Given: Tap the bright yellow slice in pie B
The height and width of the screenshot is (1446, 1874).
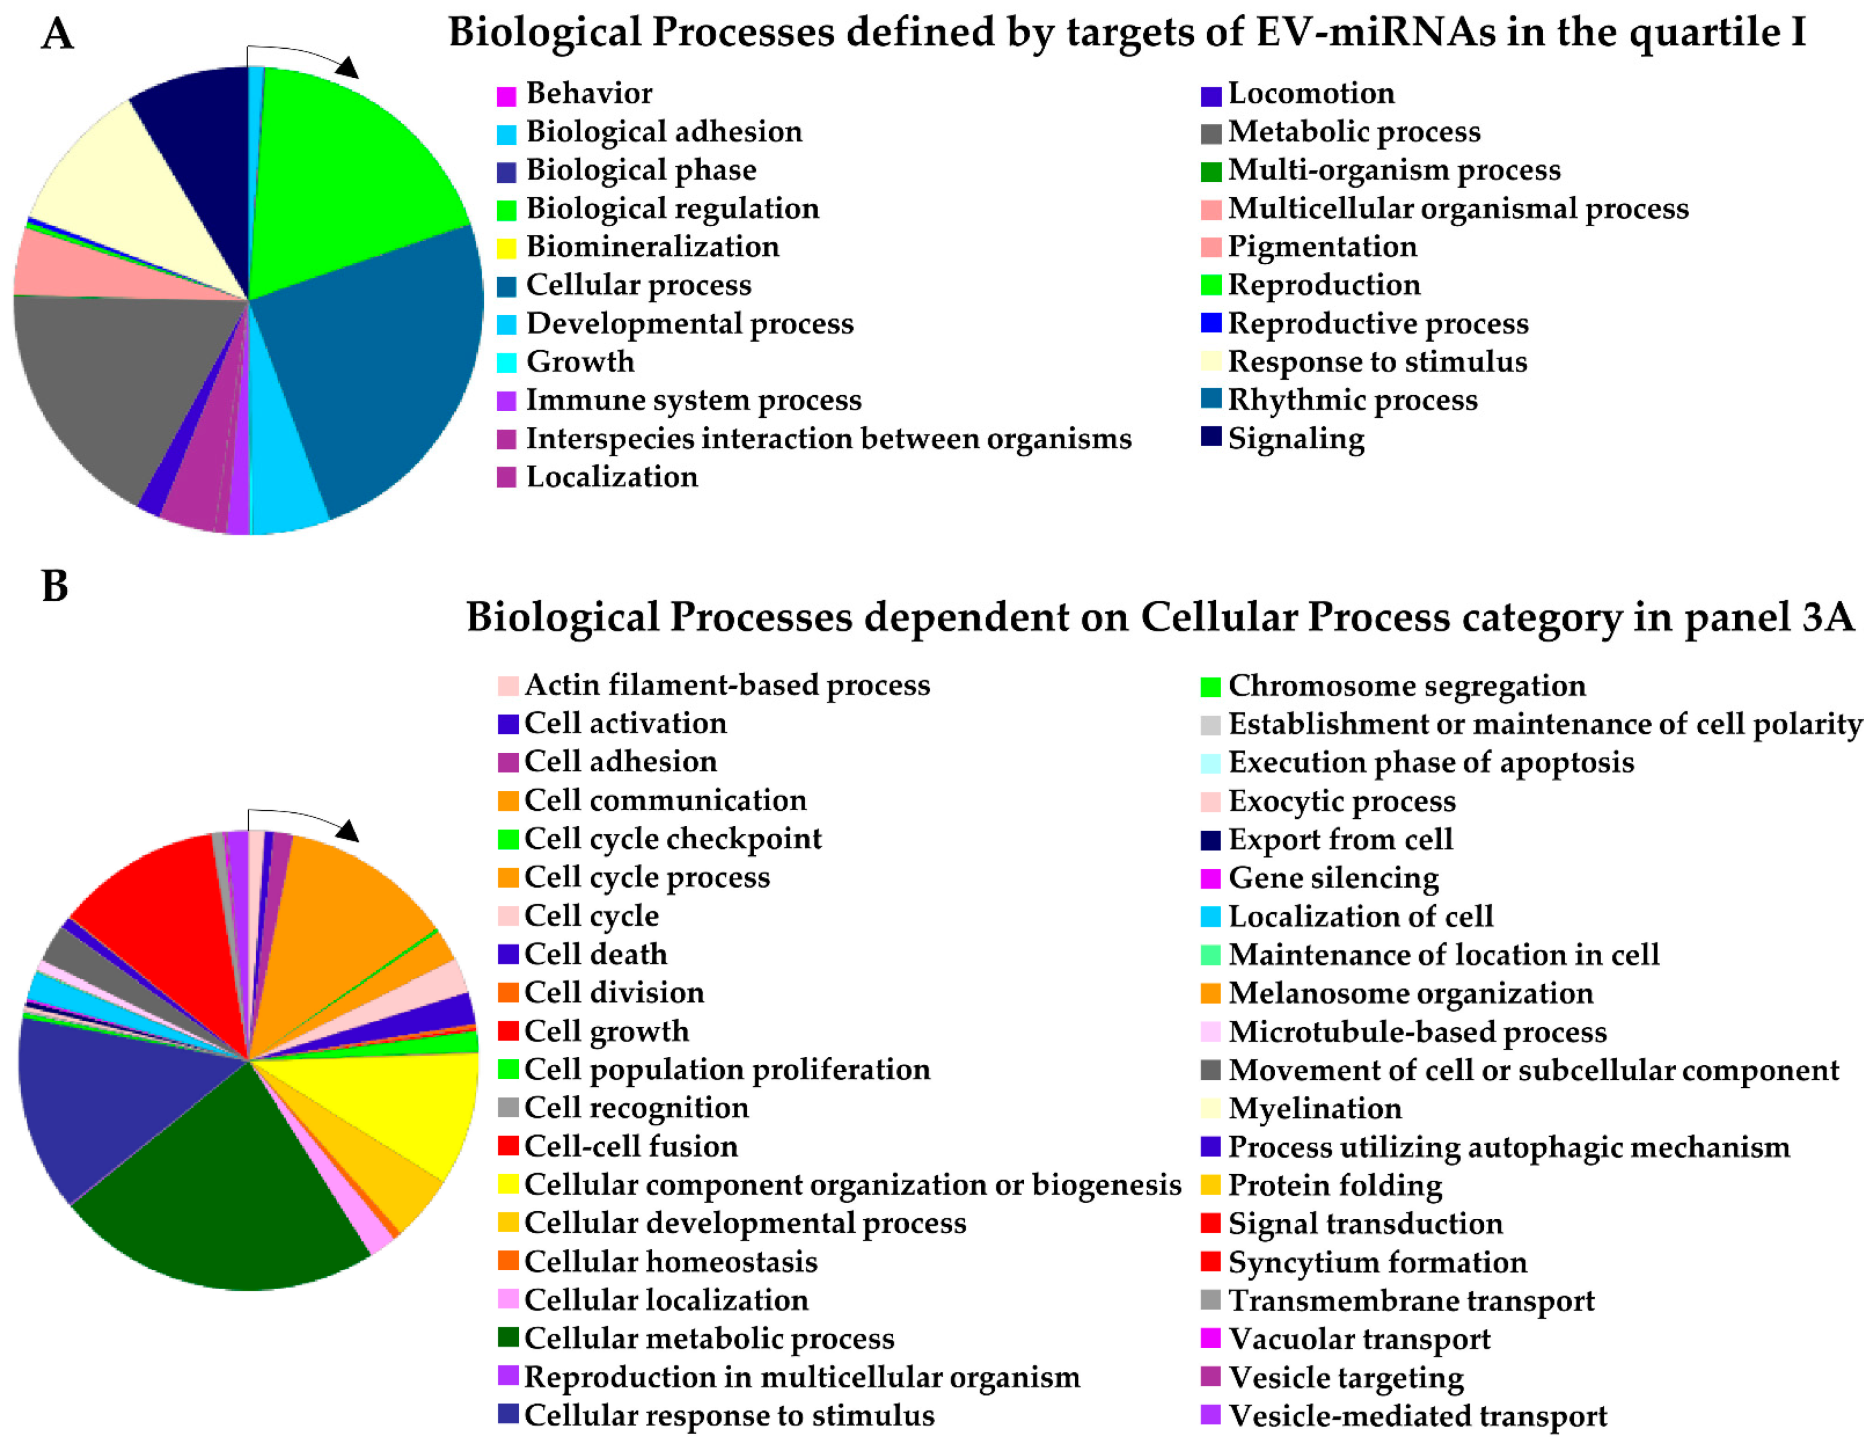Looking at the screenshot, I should pyautogui.click(x=412, y=1107).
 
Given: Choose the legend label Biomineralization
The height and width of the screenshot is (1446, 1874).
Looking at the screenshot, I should pyautogui.click(x=652, y=247).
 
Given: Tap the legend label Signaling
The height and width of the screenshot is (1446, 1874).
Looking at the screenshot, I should pyautogui.click(x=1296, y=440).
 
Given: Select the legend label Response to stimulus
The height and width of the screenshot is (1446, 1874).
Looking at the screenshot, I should pyautogui.click(x=1377, y=362).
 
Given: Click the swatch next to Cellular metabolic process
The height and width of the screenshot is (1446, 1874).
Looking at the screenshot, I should pyautogui.click(x=508, y=1339).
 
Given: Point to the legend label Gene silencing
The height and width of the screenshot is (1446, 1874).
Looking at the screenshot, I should pyautogui.click(x=1334, y=878).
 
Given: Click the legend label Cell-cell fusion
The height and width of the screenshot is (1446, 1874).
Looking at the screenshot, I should pyautogui.click(x=631, y=1146).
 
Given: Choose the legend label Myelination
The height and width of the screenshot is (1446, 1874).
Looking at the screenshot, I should pyautogui.click(x=1314, y=1109).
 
